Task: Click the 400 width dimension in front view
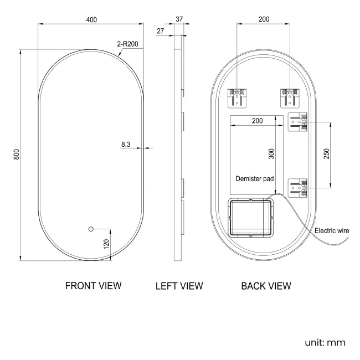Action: click(91, 20)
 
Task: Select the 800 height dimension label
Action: click(17, 155)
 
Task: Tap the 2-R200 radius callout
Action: click(127, 44)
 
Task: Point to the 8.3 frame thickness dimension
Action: click(126, 145)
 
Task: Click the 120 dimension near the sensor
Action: click(106, 244)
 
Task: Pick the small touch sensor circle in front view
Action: click(91, 229)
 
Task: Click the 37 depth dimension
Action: click(179, 19)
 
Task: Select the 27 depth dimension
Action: click(161, 31)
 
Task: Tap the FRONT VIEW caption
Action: click(93, 286)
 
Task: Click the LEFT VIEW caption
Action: click(179, 286)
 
